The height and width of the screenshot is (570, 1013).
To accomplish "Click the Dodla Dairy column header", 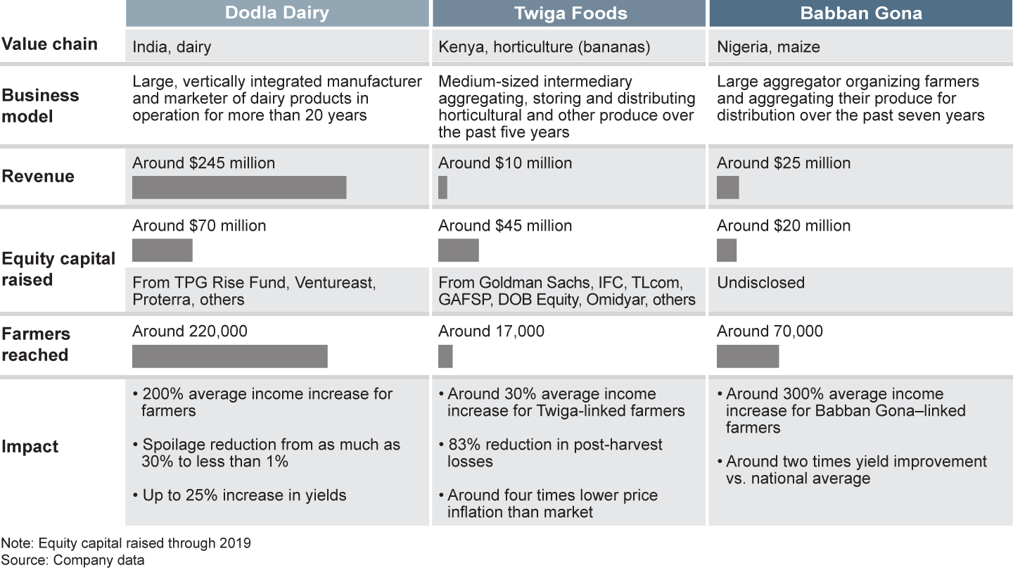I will [277, 13].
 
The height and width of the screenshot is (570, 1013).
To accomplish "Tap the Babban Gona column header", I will [860, 13].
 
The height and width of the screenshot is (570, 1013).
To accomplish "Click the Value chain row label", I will [49, 44].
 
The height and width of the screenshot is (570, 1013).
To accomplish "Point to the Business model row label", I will [40, 106].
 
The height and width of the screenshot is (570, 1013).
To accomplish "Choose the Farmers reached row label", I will [36, 344].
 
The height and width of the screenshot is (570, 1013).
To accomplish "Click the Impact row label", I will [30, 446].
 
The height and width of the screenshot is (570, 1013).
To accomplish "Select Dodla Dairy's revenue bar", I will [239, 187].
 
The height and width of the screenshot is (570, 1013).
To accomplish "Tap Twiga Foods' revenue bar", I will [442, 187].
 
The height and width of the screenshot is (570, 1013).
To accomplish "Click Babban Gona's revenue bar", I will [727, 187].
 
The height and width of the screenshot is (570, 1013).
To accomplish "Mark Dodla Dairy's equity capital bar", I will [163, 250].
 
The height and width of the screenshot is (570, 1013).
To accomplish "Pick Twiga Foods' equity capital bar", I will [458, 250].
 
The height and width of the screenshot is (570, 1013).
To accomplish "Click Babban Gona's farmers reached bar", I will [747, 356].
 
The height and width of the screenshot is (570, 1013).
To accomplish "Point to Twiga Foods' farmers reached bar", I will [445, 356].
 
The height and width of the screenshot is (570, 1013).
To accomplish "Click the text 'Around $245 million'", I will [203, 163].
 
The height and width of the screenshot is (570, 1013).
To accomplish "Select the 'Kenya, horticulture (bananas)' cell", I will [544, 48].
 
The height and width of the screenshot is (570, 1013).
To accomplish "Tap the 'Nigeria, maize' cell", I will [768, 48].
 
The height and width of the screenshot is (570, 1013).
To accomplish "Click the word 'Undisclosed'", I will [760, 283].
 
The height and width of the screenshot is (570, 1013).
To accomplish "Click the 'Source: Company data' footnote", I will [72, 560].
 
